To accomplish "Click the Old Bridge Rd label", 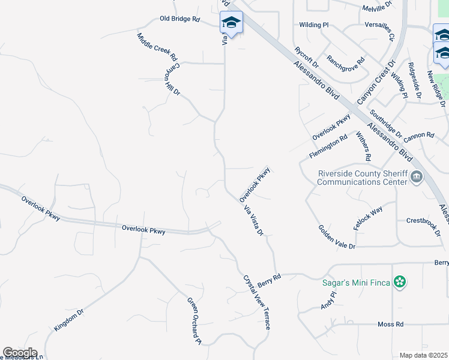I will pos(179,19).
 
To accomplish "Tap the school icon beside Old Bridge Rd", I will pos(231,23).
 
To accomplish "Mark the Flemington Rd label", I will pos(328,146).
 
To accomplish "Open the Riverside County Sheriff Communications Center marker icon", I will pos(417,176).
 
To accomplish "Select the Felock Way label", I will pos(368,218).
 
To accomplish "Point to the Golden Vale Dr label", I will pos(337,237).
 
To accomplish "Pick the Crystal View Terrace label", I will pos(258,302).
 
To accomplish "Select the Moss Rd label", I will pos(390,324).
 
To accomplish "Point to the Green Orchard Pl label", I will pos(194,322).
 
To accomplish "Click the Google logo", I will pos(20,353).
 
